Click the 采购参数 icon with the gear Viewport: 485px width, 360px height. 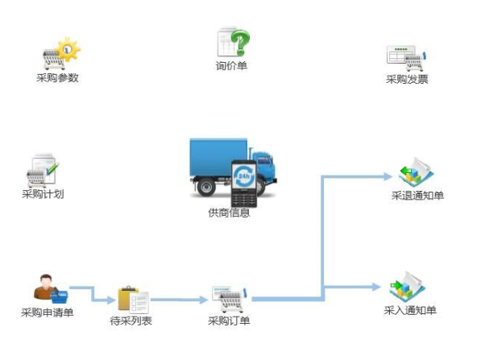point(60,54)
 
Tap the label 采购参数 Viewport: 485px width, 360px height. point(57,78)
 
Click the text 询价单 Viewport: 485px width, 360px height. point(231,66)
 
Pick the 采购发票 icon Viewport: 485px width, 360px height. point(407,56)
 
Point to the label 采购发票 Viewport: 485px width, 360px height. point(407,79)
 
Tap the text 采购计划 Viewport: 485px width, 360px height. point(43,194)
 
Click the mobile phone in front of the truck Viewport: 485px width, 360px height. point(242,184)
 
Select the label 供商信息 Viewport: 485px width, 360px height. point(229,213)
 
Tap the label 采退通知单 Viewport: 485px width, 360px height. point(417,196)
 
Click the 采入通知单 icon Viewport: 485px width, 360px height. point(407,286)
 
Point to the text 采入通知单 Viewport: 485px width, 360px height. point(410,310)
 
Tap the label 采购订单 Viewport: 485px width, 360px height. point(229,321)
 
